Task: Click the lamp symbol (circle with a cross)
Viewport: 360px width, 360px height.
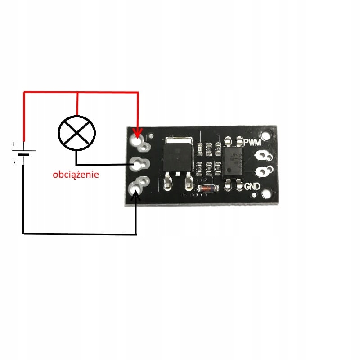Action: pyautogui.click(x=77, y=132)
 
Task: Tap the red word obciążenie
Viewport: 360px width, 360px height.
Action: pyautogui.click(x=75, y=174)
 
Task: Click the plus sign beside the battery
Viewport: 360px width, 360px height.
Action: pyautogui.click(x=14, y=144)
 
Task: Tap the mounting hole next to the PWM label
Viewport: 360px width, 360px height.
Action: pyautogui.click(x=269, y=134)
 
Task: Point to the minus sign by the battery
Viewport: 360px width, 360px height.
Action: pyautogui.click(x=14, y=161)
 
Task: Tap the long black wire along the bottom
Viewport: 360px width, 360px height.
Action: pyautogui.click(x=79, y=234)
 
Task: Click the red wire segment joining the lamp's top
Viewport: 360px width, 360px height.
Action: pyautogui.click(x=78, y=103)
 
